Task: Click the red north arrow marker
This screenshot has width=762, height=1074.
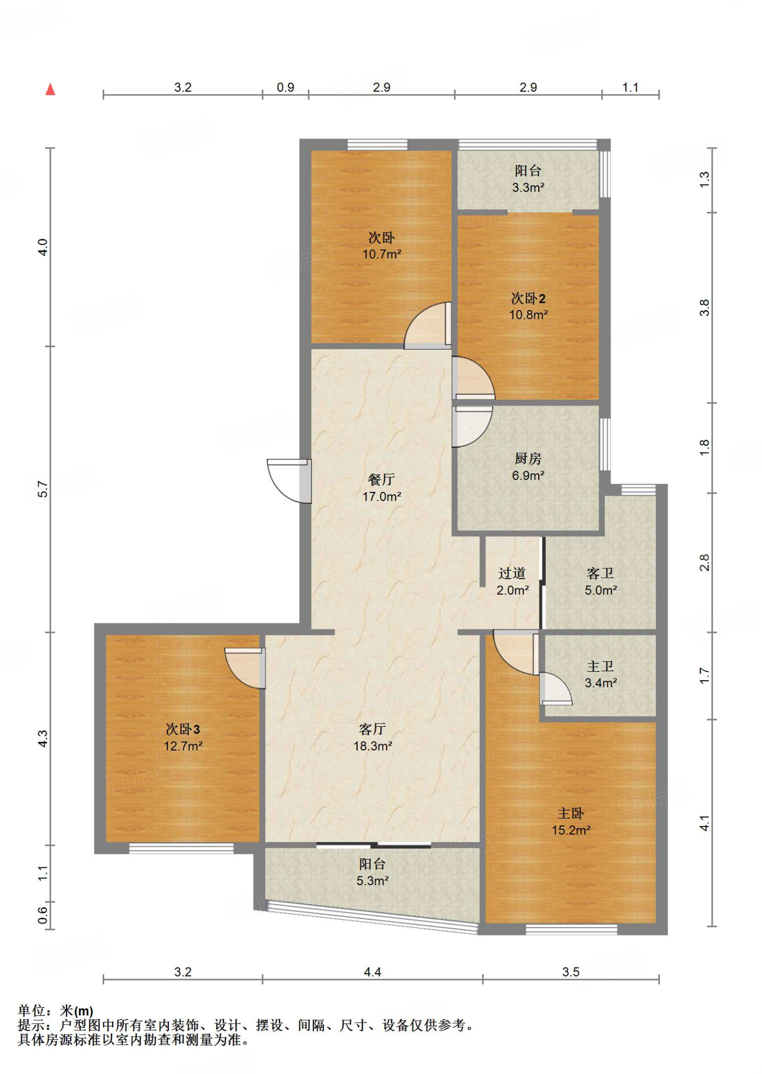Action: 50,89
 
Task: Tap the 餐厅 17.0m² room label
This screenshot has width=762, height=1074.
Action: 382,488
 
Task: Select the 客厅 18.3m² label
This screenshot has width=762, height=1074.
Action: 373,737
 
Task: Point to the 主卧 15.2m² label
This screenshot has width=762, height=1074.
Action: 571,822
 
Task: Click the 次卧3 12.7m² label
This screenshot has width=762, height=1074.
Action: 183,737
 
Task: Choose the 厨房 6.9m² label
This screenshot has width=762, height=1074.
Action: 528,467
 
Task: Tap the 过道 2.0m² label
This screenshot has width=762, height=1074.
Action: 513,582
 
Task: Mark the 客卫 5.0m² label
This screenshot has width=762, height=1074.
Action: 601,582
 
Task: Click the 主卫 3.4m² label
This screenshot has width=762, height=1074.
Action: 601,674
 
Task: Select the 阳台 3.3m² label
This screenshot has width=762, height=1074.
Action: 528,179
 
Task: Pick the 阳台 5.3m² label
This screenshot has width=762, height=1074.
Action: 373,872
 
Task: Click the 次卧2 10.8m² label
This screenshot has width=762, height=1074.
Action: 528,306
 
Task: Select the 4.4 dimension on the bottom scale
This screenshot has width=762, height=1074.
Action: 373,972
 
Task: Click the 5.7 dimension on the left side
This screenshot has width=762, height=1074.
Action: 43,489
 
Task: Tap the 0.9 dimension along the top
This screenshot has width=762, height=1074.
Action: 286,88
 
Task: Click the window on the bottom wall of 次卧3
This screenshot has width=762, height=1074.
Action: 181,848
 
